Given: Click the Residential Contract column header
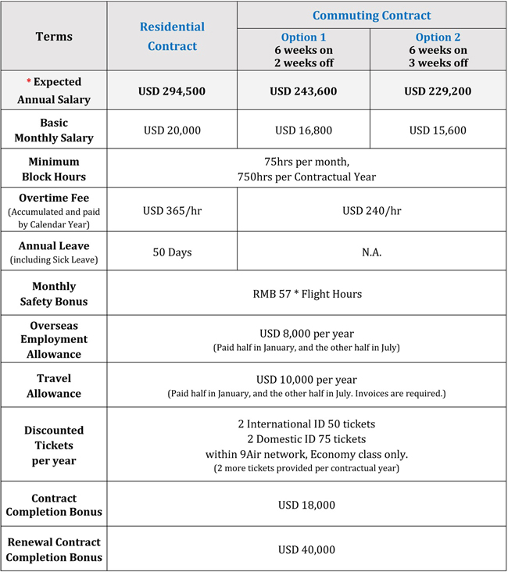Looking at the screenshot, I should click(172, 37).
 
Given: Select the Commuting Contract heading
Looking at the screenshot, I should click(371, 16).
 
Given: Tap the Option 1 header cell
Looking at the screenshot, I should click(303, 50).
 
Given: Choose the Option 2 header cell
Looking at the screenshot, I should click(437, 50).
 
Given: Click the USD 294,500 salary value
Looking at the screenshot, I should click(172, 91).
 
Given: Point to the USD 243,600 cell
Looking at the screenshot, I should click(303, 91).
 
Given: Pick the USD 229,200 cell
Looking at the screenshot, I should click(437, 91).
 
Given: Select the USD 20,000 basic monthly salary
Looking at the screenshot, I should click(172, 130).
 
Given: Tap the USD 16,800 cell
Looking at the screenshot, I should click(303, 130).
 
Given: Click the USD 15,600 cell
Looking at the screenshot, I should click(437, 130).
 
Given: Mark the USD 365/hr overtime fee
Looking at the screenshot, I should click(172, 210).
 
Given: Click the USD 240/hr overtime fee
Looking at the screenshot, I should click(371, 210).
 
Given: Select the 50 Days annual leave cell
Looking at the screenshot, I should click(172, 252).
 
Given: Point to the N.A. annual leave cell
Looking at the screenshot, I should click(371, 252).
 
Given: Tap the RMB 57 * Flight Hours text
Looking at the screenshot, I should click(306, 294).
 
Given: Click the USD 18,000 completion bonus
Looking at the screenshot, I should click(306, 505).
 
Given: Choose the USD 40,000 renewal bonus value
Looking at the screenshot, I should click(306, 550).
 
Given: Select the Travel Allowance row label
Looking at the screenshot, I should click(54, 386).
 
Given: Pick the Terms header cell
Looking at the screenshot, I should click(54, 37).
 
